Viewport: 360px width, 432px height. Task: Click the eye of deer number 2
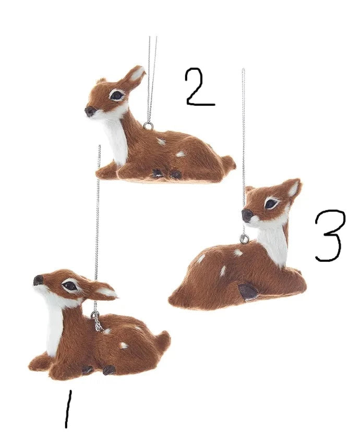(x=116, y=95)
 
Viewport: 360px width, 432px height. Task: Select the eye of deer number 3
(x=271, y=203)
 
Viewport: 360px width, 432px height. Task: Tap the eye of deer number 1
(x=70, y=285)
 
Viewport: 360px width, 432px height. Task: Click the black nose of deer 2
(x=90, y=111)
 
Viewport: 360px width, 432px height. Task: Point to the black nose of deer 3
(x=247, y=214)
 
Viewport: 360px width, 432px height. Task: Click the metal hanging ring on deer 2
(x=148, y=126)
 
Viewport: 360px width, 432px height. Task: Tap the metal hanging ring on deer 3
(x=244, y=239)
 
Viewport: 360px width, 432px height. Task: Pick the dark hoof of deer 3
(x=248, y=292)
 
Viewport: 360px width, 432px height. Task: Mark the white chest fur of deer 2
(x=117, y=138)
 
